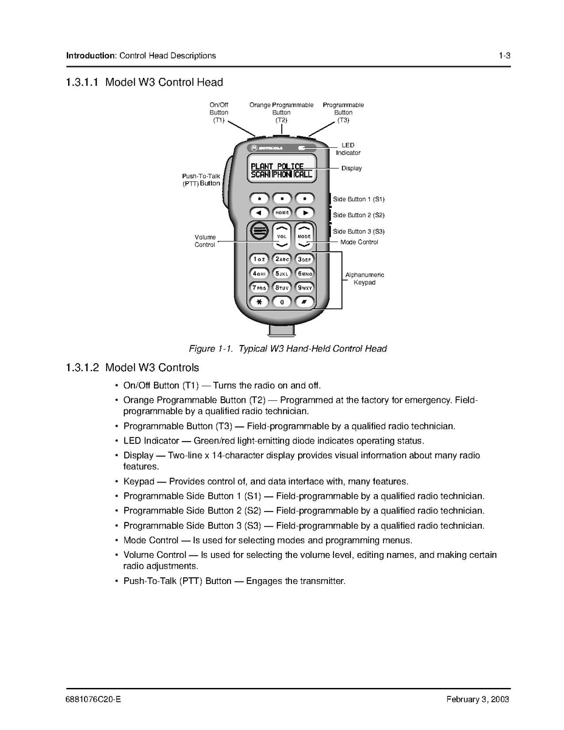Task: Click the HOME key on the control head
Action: tap(282, 213)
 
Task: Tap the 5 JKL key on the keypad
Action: tap(282, 273)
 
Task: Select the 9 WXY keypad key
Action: tap(305, 287)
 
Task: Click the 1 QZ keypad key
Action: tap(259, 259)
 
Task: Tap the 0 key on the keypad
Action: tap(282, 301)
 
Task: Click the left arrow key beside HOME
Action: tap(259, 213)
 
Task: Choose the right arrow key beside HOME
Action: tap(305, 213)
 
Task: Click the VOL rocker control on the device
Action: tap(282, 236)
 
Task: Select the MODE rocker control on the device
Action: tap(304, 236)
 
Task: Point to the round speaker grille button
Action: tap(259, 231)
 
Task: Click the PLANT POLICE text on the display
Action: tap(277, 166)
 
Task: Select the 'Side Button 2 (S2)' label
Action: tap(358, 215)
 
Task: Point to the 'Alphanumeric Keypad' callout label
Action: tap(364, 279)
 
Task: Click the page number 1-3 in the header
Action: tap(504, 55)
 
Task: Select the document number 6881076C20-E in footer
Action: tap(93, 699)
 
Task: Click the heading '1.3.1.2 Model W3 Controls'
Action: tap(132, 367)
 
